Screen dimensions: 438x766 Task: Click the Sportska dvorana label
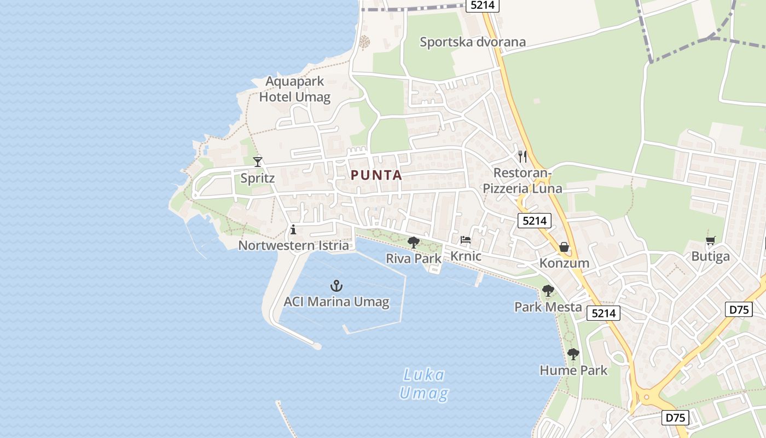[472, 42]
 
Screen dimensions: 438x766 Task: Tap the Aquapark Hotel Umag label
[295, 90]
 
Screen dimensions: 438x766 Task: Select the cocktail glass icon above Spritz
[258, 162]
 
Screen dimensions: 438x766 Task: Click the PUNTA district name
[376, 175]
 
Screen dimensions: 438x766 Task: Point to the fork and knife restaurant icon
[523, 157]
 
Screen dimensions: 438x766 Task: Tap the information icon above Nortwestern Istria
[293, 229]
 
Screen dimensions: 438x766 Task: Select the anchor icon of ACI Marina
[336, 285]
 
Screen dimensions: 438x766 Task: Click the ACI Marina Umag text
[336, 302]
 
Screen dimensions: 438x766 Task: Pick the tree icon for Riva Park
[414, 242]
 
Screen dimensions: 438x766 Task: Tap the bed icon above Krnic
[466, 240]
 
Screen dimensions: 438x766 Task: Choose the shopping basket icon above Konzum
[564, 247]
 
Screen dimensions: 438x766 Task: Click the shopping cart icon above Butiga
[710, 240]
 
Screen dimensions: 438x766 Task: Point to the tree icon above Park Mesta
[548, 291]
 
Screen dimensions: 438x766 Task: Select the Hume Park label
[573, 370]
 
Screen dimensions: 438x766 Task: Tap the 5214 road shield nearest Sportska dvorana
[482, 5]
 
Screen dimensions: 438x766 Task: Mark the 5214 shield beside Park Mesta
[604, 313]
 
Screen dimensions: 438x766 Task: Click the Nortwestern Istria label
[293, 245]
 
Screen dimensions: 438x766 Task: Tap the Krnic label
[466, 256]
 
